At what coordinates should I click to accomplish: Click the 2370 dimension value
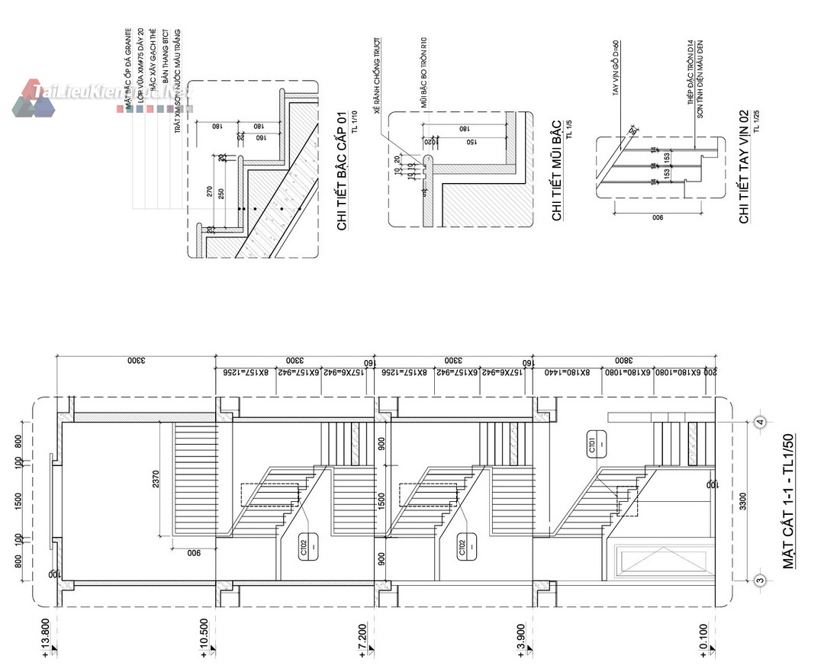[156, 480]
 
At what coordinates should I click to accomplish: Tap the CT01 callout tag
[593, 445]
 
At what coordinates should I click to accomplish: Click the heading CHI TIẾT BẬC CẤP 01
[342, 170]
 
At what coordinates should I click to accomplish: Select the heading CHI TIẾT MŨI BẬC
[556, 170]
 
